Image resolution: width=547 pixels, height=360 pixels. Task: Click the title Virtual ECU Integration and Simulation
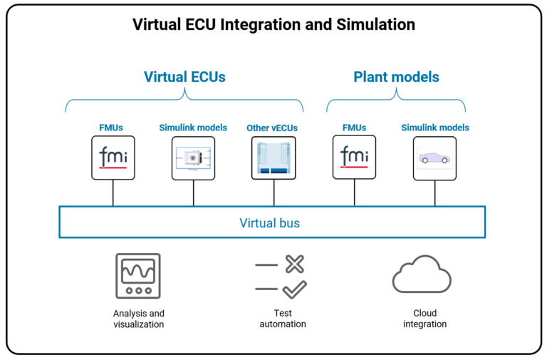[273, 25]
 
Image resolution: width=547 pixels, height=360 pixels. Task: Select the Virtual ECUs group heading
[184, 77]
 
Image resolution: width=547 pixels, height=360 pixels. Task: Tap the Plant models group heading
[396, 77]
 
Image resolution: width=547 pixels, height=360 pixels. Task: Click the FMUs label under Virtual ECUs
[111, 128]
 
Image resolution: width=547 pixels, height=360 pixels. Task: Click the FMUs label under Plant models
[354, 128]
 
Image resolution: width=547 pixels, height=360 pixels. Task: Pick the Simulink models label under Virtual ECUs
[193, 128]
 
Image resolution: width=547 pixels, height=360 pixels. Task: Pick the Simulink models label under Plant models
[435, 128]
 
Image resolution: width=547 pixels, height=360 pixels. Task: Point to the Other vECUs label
[272, 128]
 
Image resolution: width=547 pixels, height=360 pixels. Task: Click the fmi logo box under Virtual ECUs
[113, 158]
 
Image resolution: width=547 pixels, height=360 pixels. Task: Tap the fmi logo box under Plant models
[354, 158]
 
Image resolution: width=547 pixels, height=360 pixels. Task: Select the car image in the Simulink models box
[434, 158]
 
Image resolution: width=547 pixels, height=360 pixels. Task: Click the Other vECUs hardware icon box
[273, 158]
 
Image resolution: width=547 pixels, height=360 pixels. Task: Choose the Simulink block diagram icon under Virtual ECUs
[193, 158]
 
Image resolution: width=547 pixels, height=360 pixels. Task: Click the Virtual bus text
[269, 223]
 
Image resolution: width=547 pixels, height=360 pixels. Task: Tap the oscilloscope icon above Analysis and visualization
[138, 277]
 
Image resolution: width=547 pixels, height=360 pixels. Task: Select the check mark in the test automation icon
[294, 289]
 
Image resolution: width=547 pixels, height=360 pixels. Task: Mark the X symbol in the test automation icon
[294, 264]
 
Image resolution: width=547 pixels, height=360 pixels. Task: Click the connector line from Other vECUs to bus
[273, 192]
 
